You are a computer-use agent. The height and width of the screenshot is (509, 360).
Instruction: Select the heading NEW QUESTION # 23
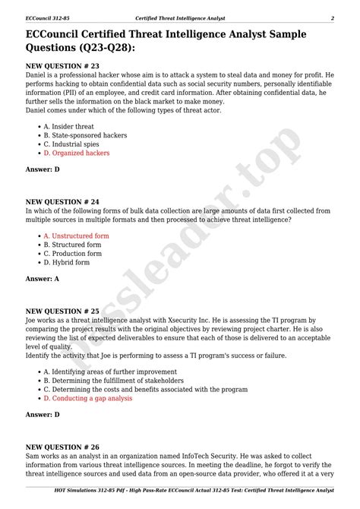point(62,66)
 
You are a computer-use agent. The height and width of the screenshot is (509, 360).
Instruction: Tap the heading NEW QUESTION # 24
point(62,201)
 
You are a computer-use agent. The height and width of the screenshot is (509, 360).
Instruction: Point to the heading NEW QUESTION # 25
point(62,311)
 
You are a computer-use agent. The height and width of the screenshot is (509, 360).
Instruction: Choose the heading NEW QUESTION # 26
point(62,447)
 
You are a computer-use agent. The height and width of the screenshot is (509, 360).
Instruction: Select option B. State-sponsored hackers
point(85,135)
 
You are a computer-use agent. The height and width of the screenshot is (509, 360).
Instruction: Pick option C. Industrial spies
point(73,144)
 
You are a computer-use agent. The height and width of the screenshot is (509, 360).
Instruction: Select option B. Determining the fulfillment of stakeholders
point(113,381)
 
